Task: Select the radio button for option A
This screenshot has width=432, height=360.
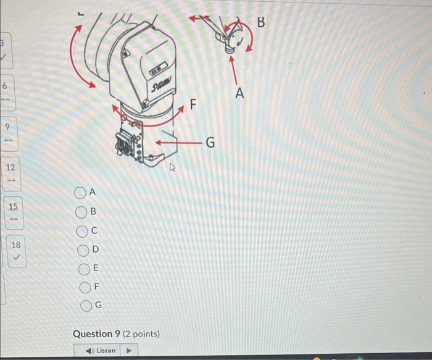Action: click(x=80, y=193)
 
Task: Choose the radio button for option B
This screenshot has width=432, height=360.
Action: click(x=80, y=212)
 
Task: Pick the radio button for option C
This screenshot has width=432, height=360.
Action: click(x=81, y=231)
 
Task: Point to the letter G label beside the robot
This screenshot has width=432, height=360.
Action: click(x=210, y=143)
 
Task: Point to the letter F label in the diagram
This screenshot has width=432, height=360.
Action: click(x=193, y=105)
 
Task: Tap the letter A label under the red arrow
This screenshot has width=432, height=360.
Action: click(x=239, y=94)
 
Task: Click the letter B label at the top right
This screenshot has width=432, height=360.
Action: click(x=260, y=23)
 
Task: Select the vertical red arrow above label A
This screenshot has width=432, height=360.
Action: click(x=234, y=69)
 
